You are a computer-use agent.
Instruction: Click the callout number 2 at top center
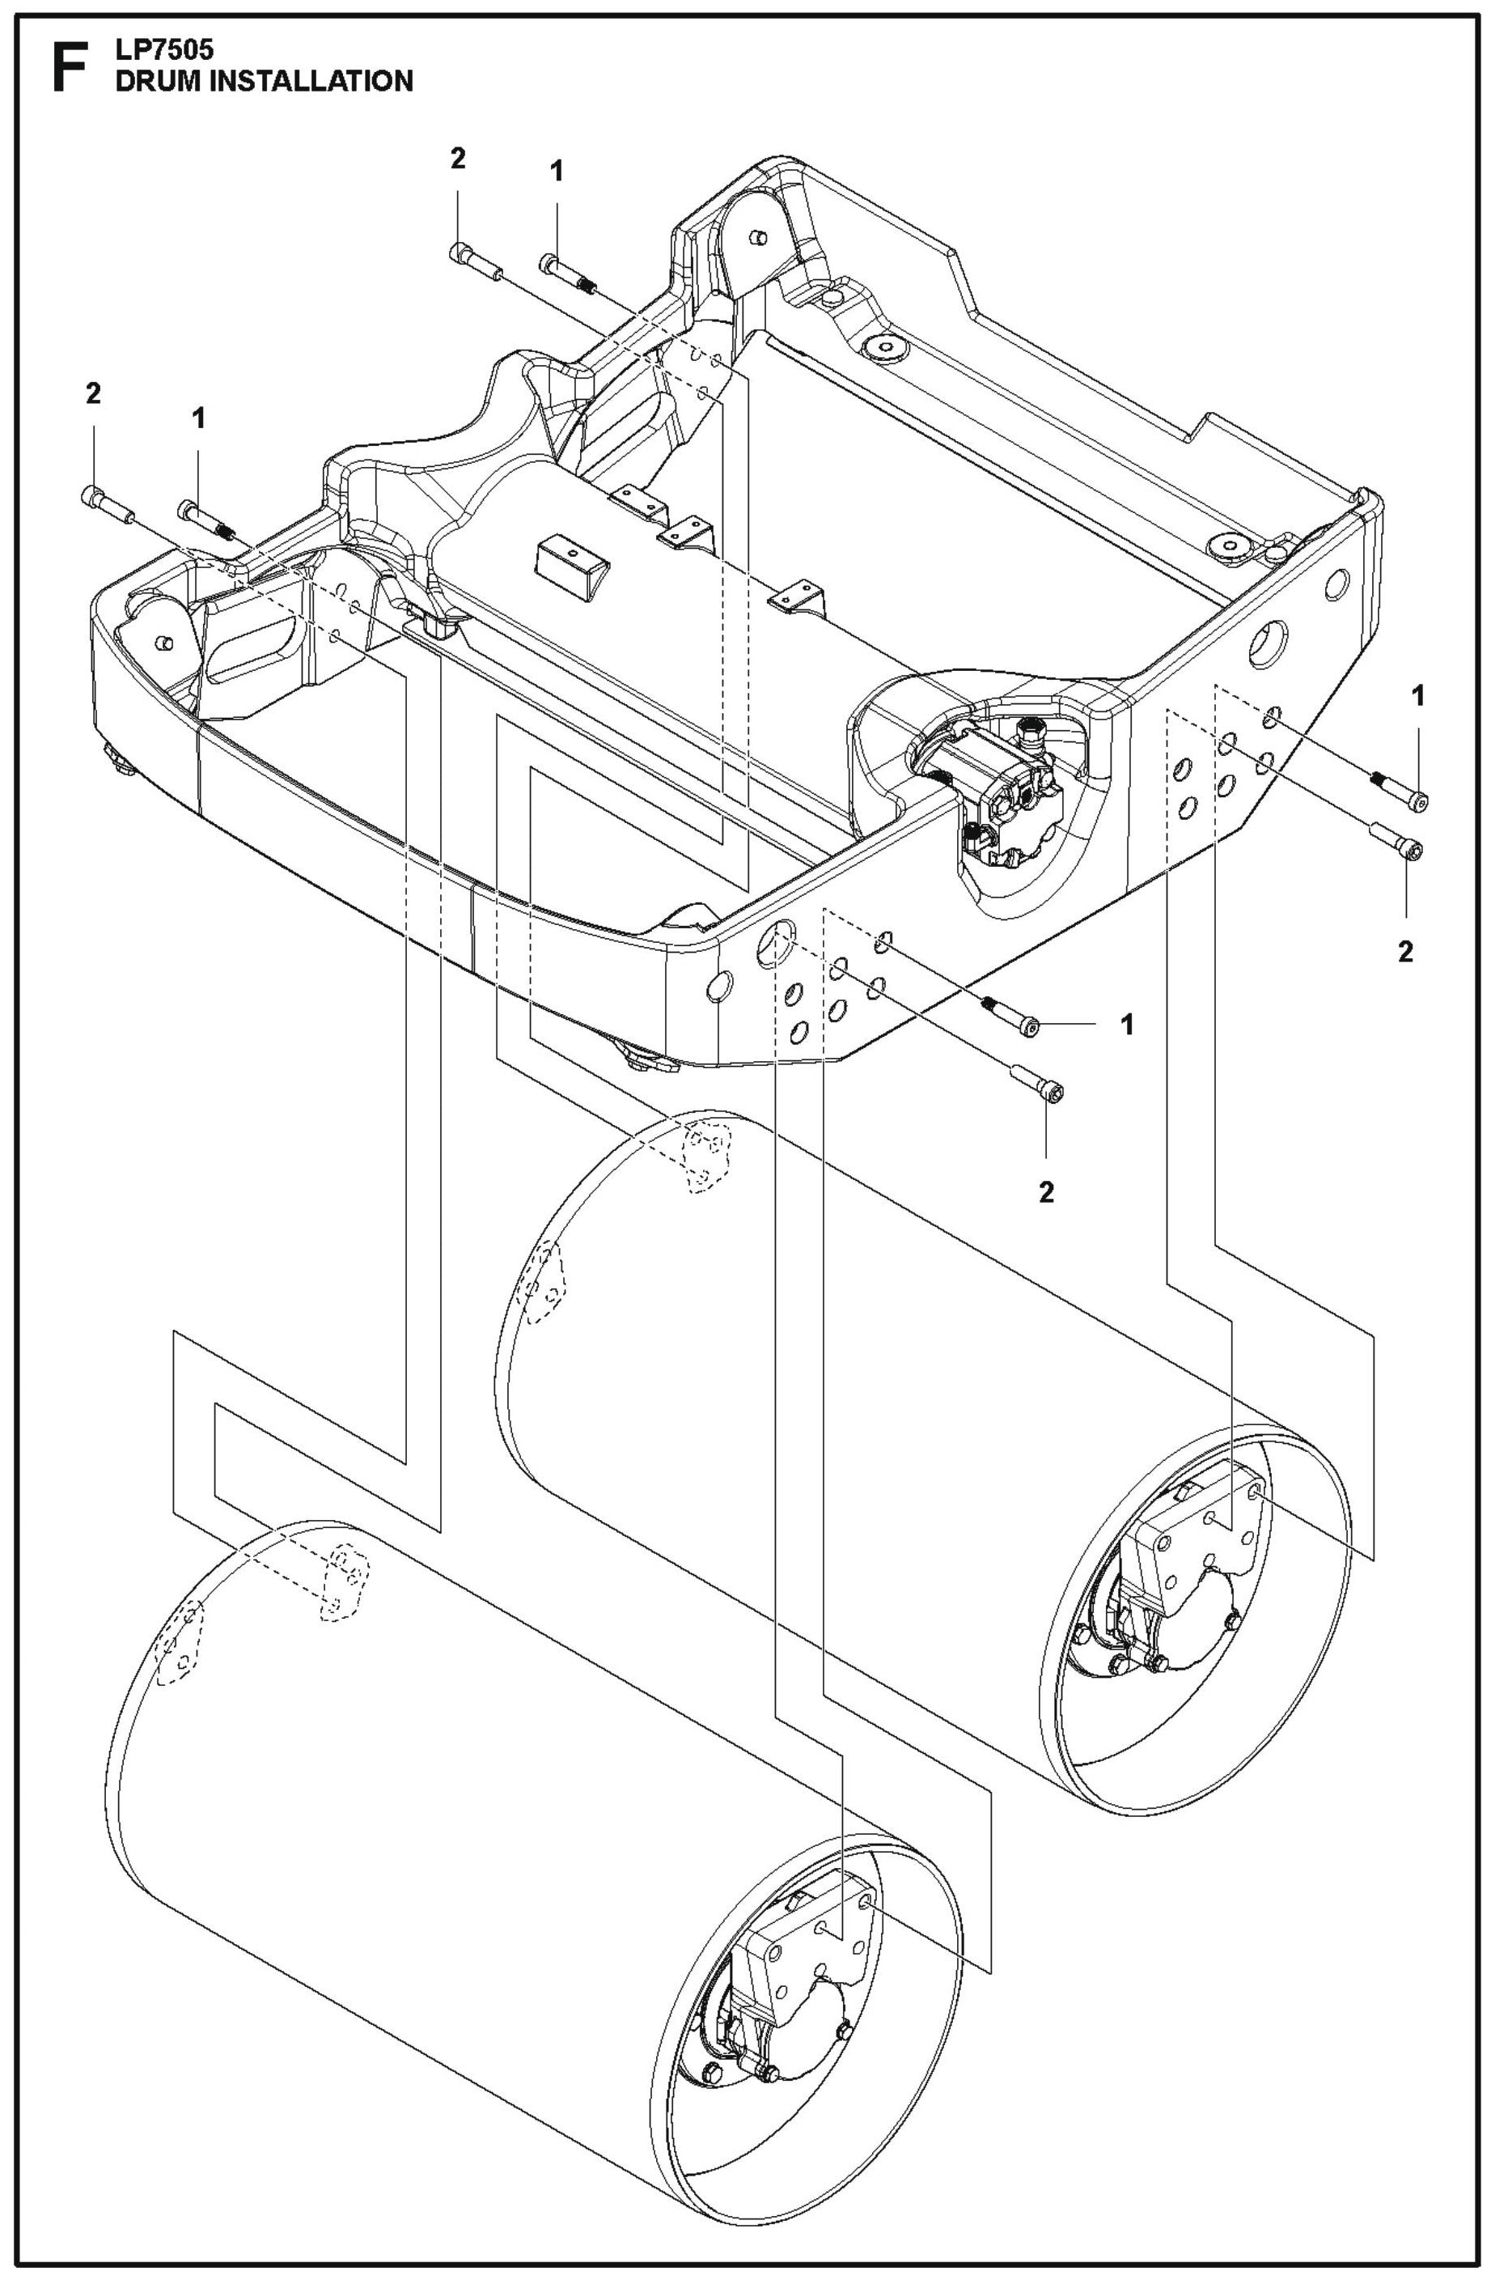click(458, 159)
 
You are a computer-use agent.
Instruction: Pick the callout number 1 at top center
click(556, 172)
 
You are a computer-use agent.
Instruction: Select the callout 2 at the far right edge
click(1404, 952)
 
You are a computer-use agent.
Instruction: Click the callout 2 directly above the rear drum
click(1046, 1192)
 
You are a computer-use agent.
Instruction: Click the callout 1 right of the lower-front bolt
click(1128, 1024)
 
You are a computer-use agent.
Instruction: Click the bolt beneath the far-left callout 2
click(105, 505)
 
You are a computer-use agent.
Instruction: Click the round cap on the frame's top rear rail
click(883, 346)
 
